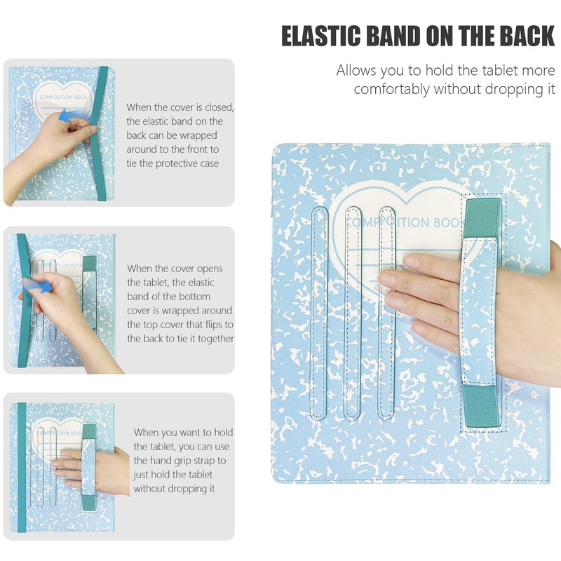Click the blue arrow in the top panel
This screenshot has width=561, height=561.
[68, 116]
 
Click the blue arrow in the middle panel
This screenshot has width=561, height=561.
[42, 286]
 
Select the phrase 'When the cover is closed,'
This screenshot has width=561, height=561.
[180, 107]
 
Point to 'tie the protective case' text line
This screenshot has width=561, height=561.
[173, 163]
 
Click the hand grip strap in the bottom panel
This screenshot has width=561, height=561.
[89, 466]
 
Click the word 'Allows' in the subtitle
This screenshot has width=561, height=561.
[356, 71]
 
